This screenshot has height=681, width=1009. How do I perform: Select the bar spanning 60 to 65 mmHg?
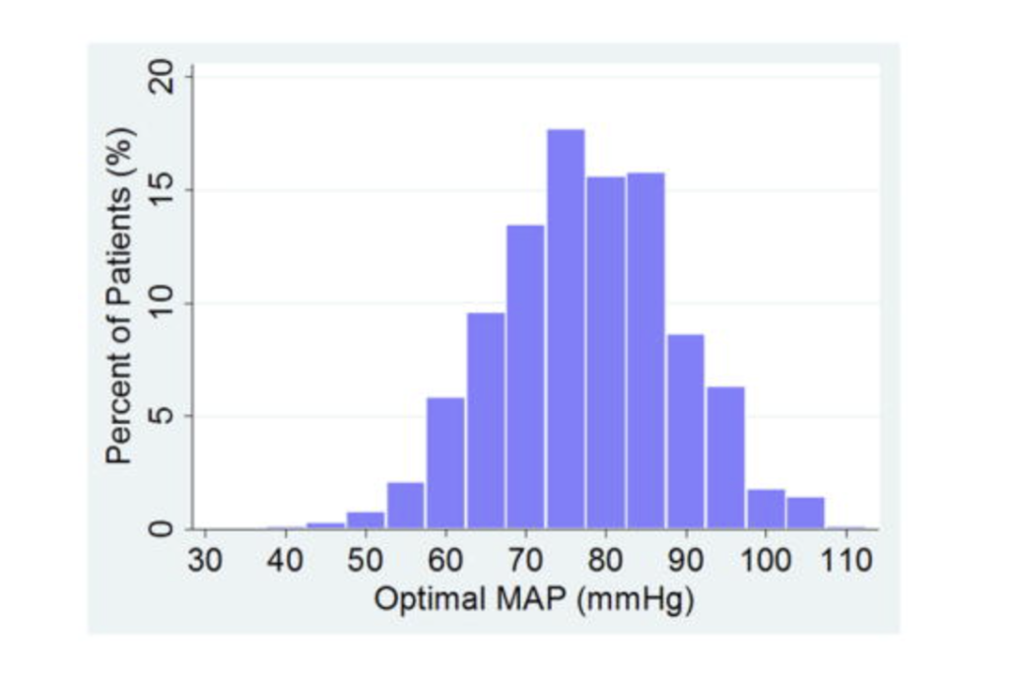click(445, 463)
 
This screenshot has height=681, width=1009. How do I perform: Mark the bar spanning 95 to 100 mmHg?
click(725, 458)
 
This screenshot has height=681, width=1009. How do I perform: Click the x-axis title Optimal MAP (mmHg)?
click(533, 598)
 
